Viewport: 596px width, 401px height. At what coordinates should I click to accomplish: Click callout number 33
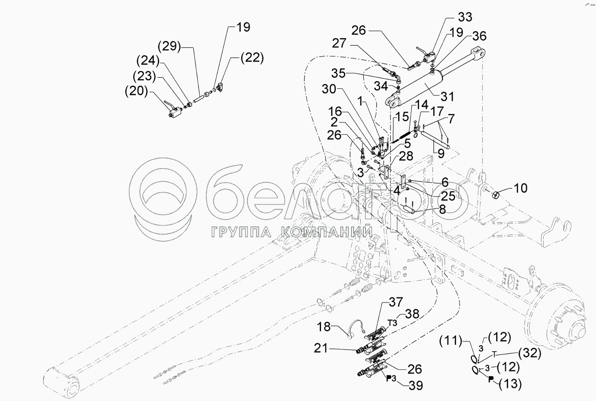point(464,17)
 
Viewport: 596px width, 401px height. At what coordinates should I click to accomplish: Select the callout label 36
point(479,36)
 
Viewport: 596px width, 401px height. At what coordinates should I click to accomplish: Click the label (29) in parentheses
point(170,46)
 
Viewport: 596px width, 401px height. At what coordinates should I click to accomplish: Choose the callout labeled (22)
point(252,57)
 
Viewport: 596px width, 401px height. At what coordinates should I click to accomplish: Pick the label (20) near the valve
point(136,91)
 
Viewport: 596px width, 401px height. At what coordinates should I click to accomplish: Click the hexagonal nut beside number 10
point(496,194)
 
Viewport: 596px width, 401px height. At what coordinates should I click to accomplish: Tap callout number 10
point(521,188)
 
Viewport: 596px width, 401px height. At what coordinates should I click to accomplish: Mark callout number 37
point(396,303)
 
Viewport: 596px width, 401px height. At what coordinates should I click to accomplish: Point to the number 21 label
point(321,349)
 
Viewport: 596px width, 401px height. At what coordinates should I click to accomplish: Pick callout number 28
point(406,156)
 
